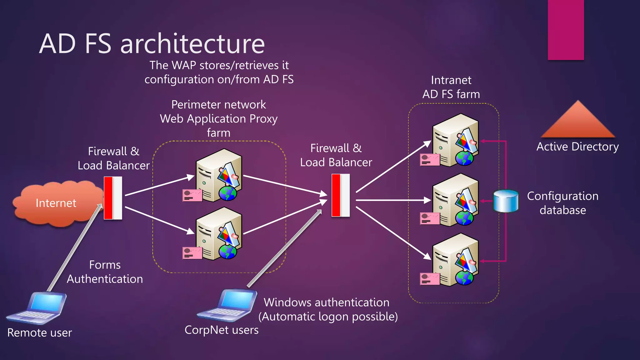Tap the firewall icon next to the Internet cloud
[113, 198]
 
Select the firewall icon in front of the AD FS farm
[341, 196]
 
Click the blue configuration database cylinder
[506, 201]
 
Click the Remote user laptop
[37, 308]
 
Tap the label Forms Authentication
[105, 272]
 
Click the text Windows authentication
[327, 302]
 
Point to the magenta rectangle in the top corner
[566, 30]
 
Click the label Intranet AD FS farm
[451, 87]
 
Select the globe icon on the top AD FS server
[464, 158]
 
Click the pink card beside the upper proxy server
[192, 196]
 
